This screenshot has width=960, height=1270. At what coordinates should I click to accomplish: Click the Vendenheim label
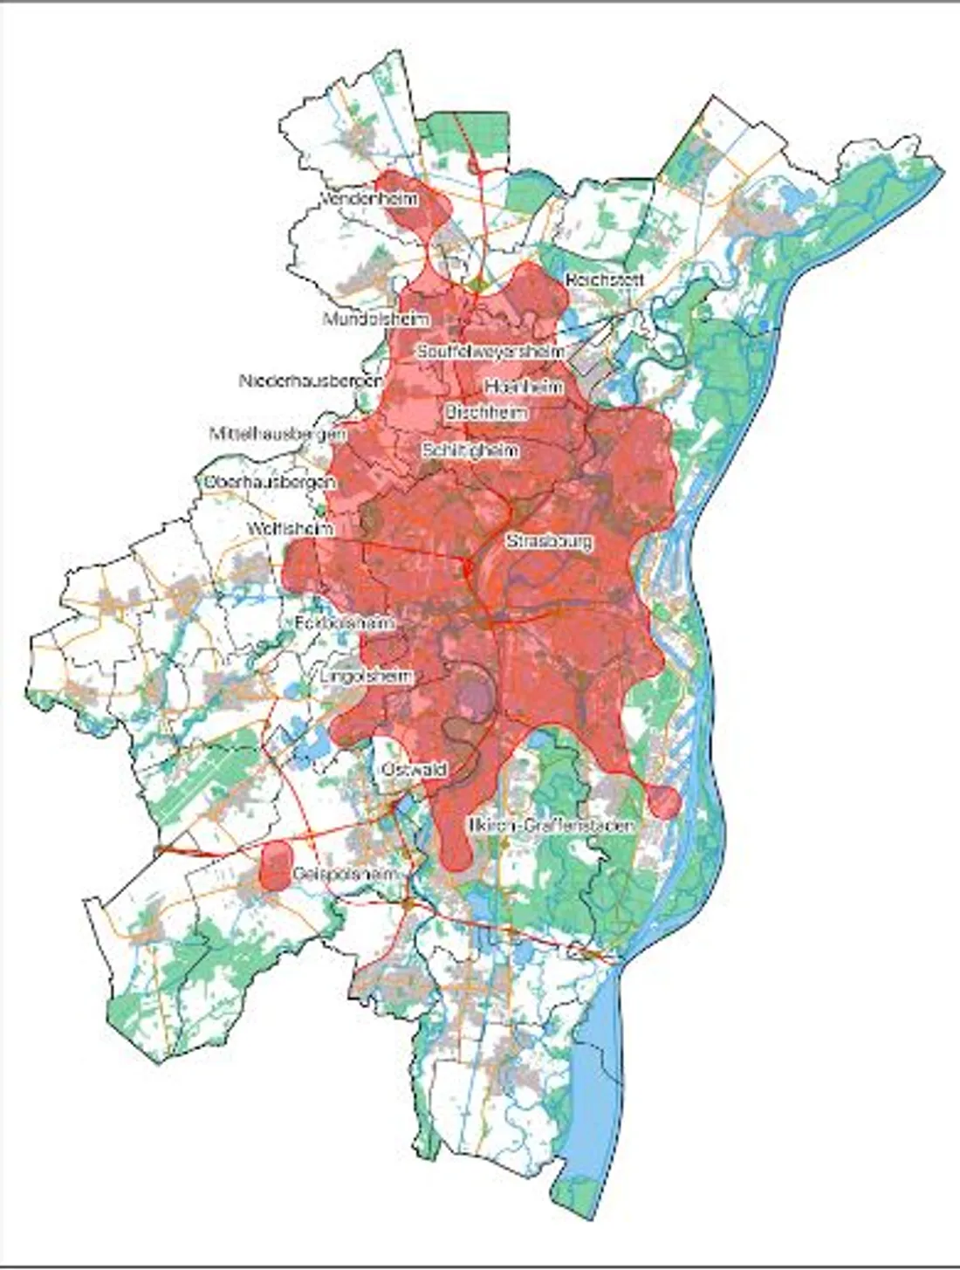click(370, 200)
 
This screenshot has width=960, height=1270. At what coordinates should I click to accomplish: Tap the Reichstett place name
click(604, 281)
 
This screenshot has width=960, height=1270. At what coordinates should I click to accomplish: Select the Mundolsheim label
click(376, 319)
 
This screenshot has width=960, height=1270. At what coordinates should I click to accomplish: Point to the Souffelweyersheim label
click(490, 351)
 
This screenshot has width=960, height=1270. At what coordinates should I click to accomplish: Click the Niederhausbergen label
click(311, 381)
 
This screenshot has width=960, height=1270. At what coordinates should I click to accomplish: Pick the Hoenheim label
click(523, 386)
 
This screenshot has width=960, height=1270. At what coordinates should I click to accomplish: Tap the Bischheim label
click(486, 412)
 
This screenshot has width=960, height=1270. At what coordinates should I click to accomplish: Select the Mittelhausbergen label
click(278, 433)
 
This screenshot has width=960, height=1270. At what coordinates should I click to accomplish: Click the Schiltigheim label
click(470, 450)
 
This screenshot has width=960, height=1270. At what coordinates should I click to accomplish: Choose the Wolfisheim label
click(291, 528)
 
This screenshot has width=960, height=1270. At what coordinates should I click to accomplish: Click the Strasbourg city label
click(549, 541)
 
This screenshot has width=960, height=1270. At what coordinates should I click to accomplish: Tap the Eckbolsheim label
click(344, 623)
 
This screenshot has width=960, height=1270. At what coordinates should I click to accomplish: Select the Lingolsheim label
click(366, 676)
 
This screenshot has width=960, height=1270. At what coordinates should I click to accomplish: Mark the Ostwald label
click(415, 770)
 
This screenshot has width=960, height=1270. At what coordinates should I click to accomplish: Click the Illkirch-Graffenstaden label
click(551, 825)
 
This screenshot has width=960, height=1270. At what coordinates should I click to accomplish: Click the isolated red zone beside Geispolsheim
click(276, 865)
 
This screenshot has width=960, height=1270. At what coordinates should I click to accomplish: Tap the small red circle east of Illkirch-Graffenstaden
click(663, 800)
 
